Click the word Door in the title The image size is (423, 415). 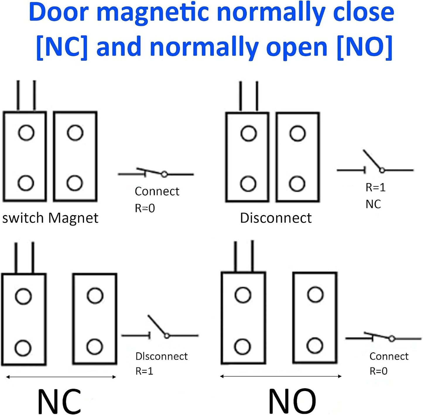click(59, 13)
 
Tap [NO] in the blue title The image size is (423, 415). click(364, 48)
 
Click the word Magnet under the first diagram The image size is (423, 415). click(73, 218)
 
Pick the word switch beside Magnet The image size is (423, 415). click(23, 218)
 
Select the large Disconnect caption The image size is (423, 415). click(276, 218)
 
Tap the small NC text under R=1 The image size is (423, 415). click(373, 204)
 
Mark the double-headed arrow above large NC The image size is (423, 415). click(61, 377)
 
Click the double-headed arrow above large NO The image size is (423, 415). click(280, 376)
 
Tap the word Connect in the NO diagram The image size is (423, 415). click(389, 356)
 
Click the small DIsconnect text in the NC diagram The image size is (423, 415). click(162, 356)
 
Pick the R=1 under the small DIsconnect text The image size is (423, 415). click(144, 371)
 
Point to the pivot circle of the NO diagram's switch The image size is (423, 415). click(392, 339)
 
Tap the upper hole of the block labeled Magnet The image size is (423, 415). click(75, 133)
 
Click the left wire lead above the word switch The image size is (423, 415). click(18, 95)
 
